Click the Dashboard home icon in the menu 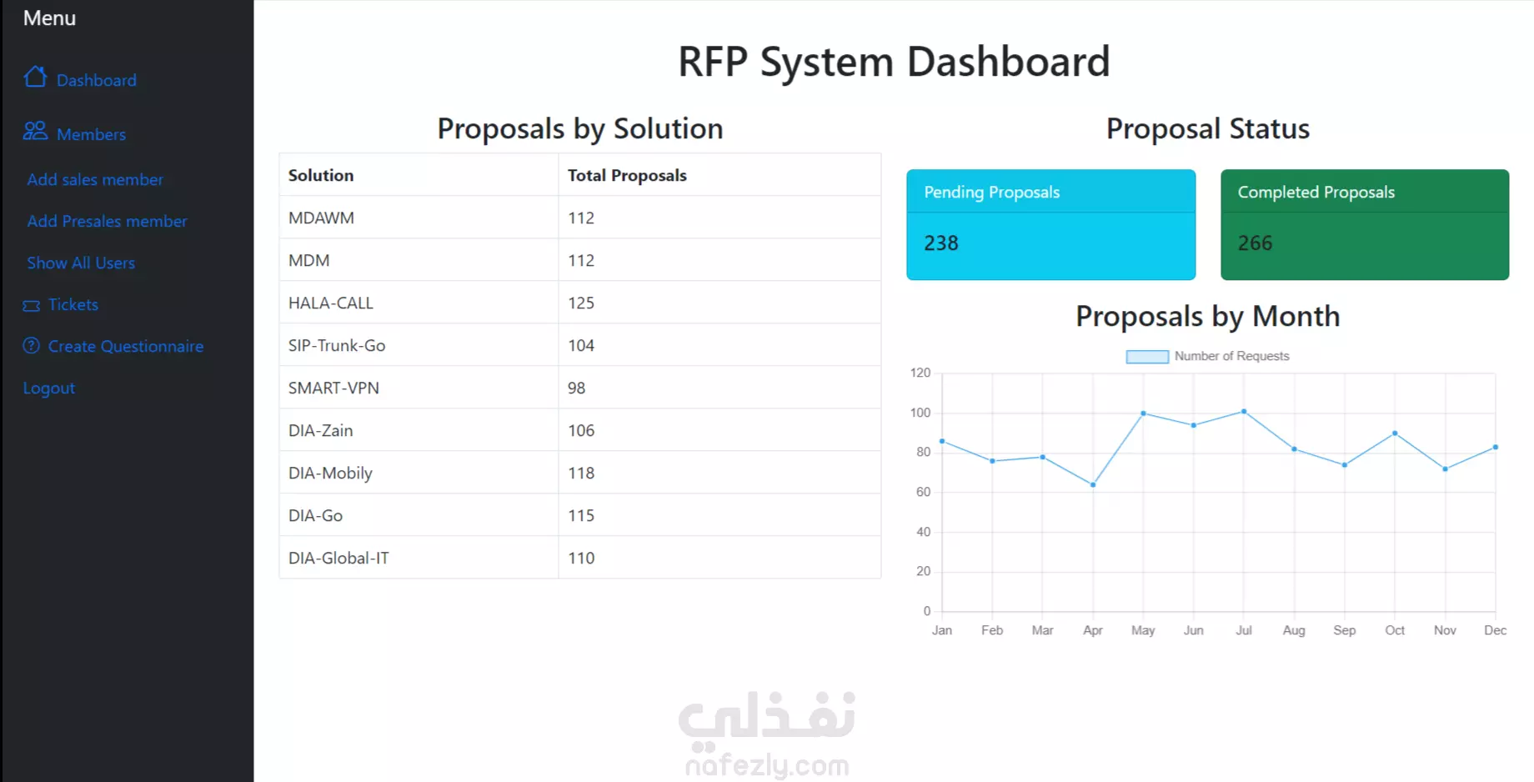(35, 78)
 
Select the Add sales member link (95, 179)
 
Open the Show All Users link (81, 263)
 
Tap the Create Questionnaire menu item (126, 346)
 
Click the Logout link (49, 388)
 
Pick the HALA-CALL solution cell (331, 303)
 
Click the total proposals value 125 (581, 303)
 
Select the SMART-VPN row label (333, 388)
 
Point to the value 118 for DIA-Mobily (581, 473)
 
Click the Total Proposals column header (627, 175)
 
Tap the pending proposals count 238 (941, 243)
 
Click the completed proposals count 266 (1255, 243)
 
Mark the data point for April (1093, 484)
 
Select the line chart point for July (1244, 411)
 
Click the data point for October (1395, 434)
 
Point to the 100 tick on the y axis (920, 413)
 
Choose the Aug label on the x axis (1294, 630)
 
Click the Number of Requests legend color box (1147, 357)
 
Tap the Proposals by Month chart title (1207, 317)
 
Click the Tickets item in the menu (73, 304)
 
